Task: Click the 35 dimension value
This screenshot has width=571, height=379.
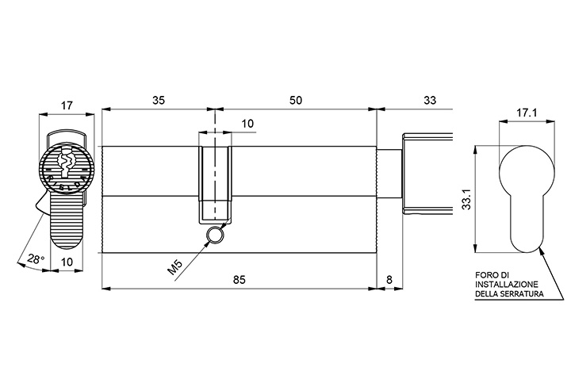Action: (x=159, y=100)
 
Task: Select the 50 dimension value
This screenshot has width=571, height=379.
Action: (x=296, y=100)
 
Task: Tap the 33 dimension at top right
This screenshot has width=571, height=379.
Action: (x=430, y=100)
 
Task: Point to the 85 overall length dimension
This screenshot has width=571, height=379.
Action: (x=240, y=280)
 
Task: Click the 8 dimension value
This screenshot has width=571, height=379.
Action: (x=389, y=280)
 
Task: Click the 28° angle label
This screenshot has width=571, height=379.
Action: (x=36, y=259)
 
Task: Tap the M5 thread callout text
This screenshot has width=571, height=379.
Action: (x=174, y=267)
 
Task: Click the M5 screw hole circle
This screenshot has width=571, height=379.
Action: (x=214, y=234)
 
